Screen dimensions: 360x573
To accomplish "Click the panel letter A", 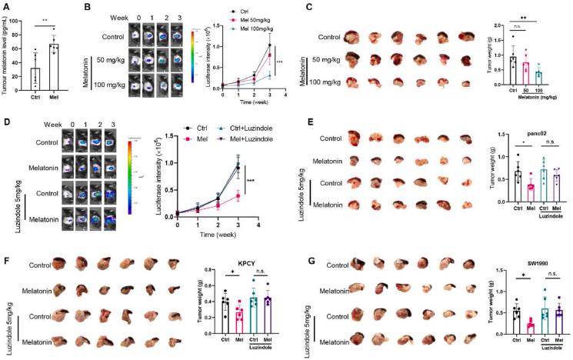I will [x=5, y=6].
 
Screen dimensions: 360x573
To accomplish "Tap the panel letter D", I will [x=5, y=120].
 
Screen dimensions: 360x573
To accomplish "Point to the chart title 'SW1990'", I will [x=527, y=263].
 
